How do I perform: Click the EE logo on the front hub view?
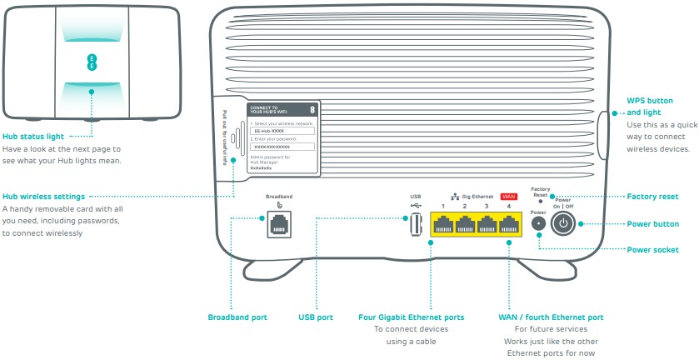(92, 60)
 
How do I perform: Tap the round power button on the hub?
(564, 223)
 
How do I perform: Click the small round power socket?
(538, 224)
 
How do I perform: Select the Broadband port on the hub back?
(279, 223)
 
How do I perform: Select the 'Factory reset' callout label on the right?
(652, 197)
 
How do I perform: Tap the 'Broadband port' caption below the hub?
(237, 317)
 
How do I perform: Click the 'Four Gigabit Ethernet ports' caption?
(411, 317)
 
